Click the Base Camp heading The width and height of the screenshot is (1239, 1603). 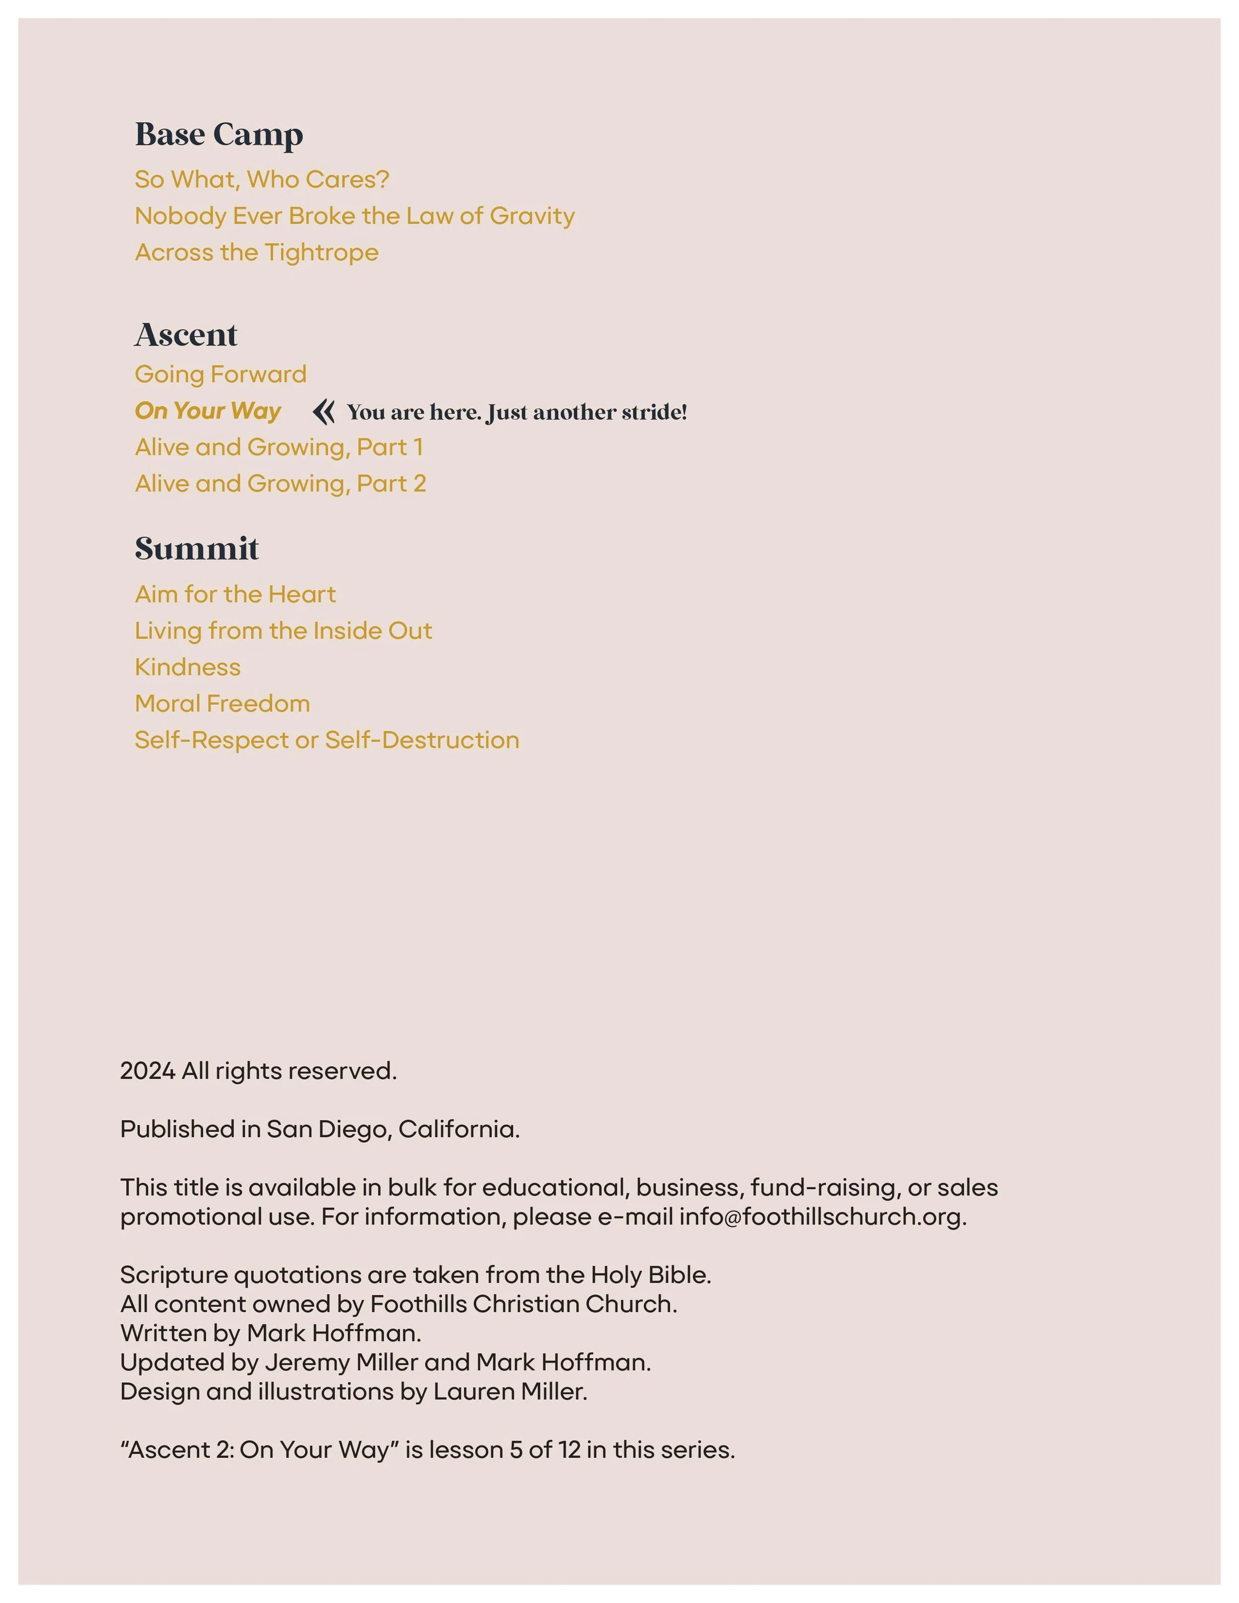coord(219,134)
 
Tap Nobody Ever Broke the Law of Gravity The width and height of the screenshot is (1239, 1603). coord(354,216)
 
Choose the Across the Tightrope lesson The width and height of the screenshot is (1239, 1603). coord(257,253)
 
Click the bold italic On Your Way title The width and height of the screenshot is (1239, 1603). coord(208,411)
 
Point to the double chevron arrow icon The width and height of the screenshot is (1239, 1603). coord(324,412)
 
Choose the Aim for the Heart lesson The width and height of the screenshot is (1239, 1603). coord(235,595)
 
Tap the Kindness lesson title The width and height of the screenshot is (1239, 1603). coord(188,667)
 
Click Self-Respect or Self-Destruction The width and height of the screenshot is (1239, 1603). coord(327,740)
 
